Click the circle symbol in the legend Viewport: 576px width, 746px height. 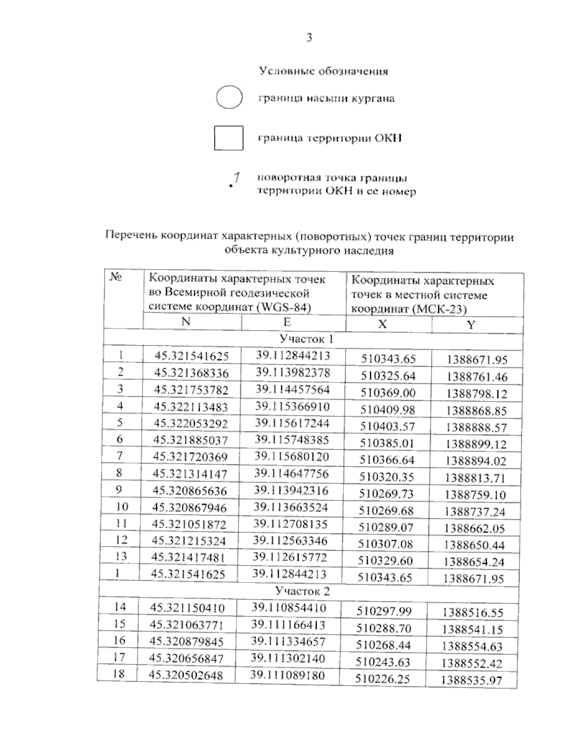229,98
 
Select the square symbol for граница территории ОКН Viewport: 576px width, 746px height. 228,137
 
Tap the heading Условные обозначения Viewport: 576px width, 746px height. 324,72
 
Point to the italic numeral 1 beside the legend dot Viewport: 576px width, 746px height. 237,177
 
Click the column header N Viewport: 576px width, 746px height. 186,322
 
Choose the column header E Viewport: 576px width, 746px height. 287,322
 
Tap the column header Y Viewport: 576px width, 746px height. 471,325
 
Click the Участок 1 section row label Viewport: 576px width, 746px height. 306,339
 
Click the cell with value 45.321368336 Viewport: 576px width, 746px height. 191,373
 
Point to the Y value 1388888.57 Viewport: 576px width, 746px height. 476,428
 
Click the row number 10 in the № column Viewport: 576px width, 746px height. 122,506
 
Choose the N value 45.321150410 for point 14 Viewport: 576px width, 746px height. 187,608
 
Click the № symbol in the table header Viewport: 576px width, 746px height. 116,278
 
